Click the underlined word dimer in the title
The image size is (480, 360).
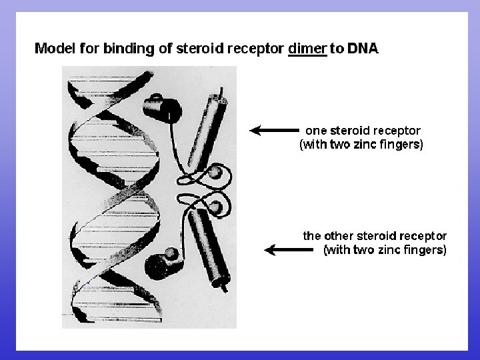307,48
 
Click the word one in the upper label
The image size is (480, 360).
316,130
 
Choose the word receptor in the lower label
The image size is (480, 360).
423,235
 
